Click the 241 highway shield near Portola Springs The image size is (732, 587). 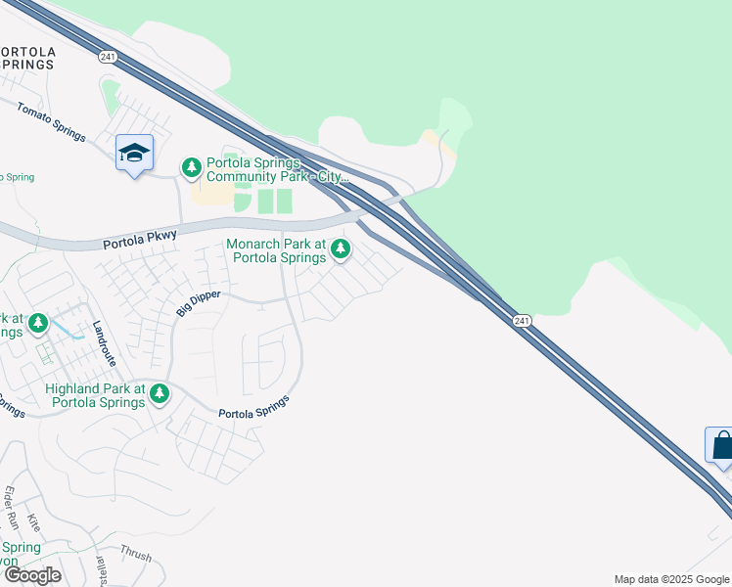(x=108, y=58)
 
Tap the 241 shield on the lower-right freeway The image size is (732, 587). (x=522, y=321)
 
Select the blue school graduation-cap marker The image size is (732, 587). (x=134, y=154)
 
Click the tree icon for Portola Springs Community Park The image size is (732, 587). (x=192, y=168)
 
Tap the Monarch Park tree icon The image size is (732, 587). (x=341, y=249)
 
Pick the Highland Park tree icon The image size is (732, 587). (x=160, y=394)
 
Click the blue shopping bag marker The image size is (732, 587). (x=721, y=445)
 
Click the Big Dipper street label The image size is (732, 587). (x=199, y=302)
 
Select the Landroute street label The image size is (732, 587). (x=105, y=343)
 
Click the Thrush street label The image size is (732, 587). (x=136, y=555)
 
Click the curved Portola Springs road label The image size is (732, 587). (x=254, y=408)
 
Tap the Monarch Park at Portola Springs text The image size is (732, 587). (x=276, y=250)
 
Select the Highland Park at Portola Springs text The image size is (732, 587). (x=95, y=395)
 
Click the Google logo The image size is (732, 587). (x=32, y=575)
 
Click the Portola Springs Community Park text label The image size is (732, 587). (x=264, y=169)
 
